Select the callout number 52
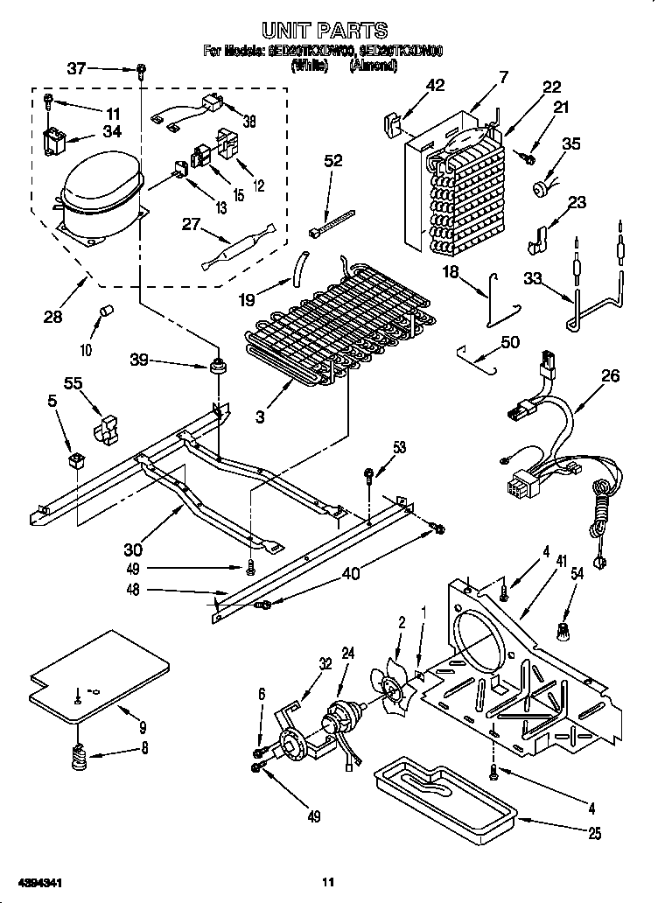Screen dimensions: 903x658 332,160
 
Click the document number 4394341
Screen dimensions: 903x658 37,883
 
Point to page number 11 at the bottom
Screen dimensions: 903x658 328,882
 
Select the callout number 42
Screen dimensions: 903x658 435,85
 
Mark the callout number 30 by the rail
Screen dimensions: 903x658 134,550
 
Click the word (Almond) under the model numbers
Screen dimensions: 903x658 373,65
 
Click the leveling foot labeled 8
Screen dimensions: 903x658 80,755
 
